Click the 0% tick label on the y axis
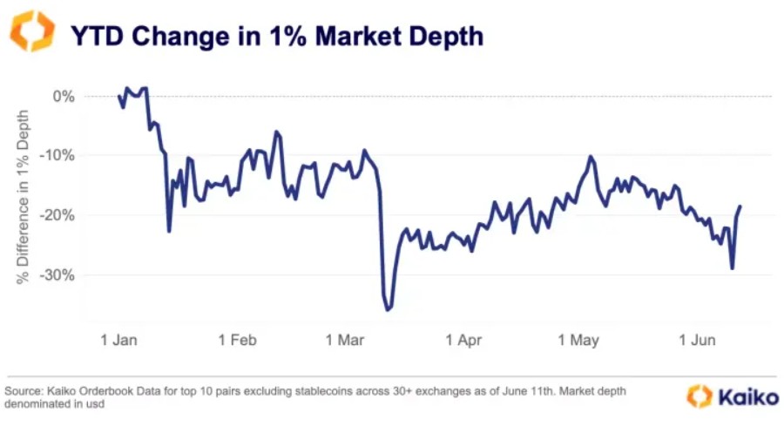pyautogui.click(x=63, y=96)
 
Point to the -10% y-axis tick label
pyautogui.click(x=58, y=155)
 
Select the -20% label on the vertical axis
pyautogui.click(x=58, y=215)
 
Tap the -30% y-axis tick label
pyautogui.click(x=58, y=274)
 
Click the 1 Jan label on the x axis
pyautogui.click(x=119, y=340)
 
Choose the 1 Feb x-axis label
pyautogui.click(x=239, y=340)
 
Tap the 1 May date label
pyautogui.click(x=578, y=340)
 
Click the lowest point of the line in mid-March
pyautogui.click(x=388, y=308)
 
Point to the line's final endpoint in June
pyautogui.click(x=740, y=206)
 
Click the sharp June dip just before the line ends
pyautogui.click(x=732, y=268)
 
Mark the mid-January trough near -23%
pyautogui.click(x=169, y=231)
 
